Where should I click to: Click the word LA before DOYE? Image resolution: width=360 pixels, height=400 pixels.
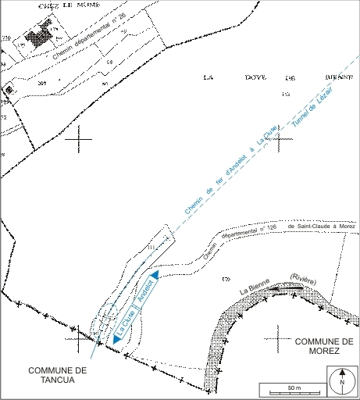tap(208, 77)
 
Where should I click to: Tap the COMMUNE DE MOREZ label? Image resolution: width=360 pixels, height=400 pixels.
tap(325, 346)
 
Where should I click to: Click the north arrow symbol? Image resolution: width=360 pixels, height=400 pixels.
tap(341, 382)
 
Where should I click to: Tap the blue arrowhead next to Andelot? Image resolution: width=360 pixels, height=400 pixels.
tap(155, 275)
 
